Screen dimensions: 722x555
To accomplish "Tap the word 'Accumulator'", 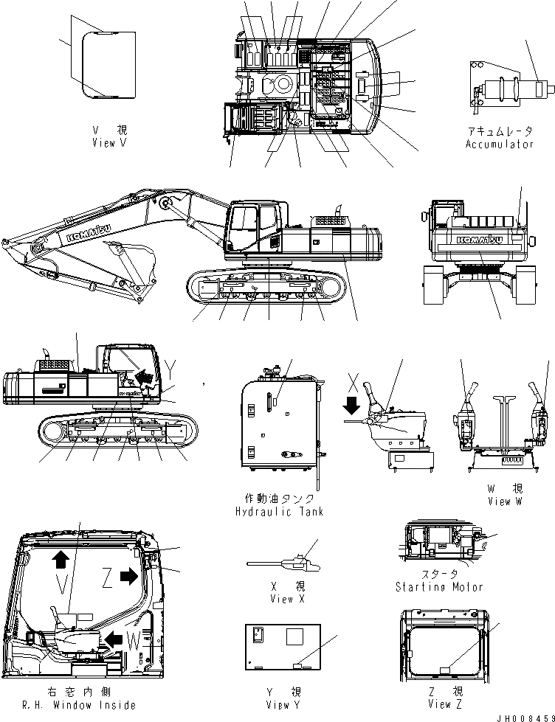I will pos(499,145).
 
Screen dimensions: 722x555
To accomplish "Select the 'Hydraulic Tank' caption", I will pos(279,511).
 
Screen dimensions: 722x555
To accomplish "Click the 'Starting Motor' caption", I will pos(439,587).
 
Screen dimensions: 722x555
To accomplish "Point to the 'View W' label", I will pos(505,501).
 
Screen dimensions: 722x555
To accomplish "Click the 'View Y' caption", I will pos(282,705).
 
